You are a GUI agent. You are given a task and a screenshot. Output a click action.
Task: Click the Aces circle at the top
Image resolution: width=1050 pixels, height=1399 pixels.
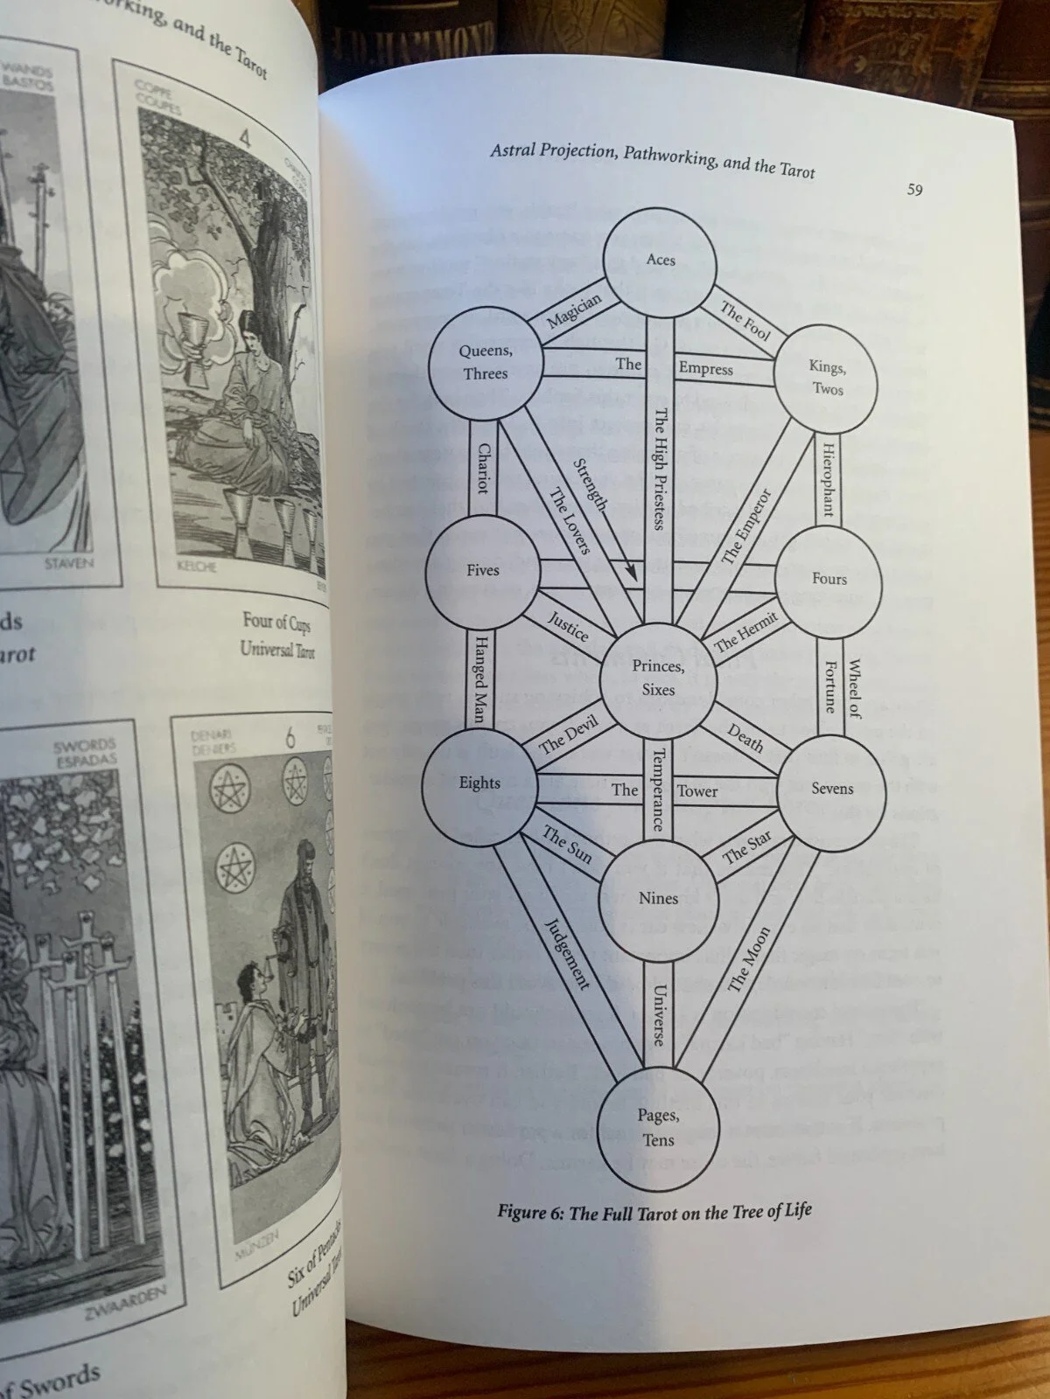[661, 260]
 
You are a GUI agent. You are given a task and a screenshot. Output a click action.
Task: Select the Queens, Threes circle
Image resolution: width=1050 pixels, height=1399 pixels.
[485, 362]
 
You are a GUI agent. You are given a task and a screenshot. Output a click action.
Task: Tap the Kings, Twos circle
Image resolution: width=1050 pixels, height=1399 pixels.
[827, 378]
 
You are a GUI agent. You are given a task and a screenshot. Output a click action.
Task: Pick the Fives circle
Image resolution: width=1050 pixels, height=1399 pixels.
[482, 570]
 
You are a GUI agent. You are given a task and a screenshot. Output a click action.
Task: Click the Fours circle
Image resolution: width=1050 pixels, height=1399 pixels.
[828, 579]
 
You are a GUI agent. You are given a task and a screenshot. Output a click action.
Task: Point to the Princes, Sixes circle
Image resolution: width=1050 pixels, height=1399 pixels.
[658, 679]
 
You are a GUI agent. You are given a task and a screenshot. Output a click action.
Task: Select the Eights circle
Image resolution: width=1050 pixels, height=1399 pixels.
[479, 783]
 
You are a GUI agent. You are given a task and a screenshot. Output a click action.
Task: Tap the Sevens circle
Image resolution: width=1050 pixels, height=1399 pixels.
[831, 789]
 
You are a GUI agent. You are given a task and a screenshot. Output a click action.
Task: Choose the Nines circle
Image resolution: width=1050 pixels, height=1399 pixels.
[658, 898]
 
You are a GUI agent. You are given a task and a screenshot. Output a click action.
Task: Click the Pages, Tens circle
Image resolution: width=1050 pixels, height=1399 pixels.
[658, 1128]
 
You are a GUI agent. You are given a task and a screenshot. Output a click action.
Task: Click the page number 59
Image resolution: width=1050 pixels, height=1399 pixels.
[914, 190]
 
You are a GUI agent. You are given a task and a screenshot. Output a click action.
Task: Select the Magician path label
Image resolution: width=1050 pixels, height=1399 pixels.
[575, 311]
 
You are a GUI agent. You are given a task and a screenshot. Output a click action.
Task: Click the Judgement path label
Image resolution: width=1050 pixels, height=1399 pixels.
[568, 953]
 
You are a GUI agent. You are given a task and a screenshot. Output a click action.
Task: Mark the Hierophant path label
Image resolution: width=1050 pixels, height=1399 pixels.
[828, 479]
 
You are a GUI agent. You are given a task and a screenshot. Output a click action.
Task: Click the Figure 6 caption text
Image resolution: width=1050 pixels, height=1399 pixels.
[654, 1211]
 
